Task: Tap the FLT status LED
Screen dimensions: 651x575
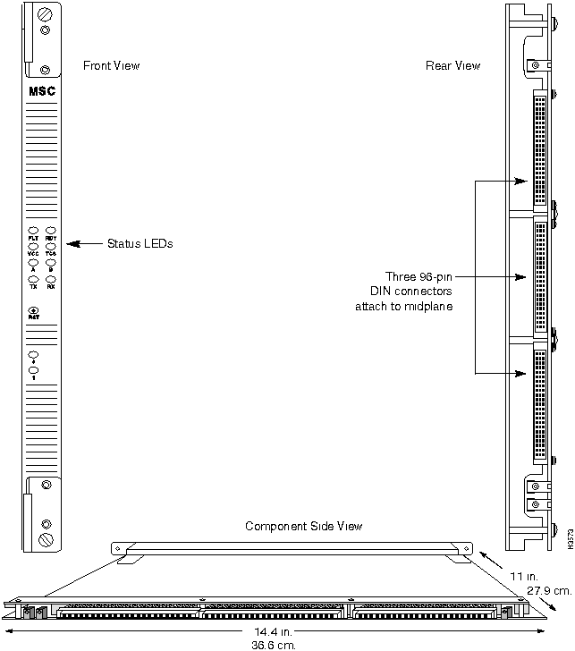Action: point(33,232)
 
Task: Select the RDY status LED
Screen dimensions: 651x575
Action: point(51,232)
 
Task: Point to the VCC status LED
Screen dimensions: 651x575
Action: point(33,248)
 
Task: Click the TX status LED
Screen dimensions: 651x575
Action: point(33,279)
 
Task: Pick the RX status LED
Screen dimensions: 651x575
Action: point(51,279)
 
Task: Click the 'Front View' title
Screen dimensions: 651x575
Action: point(111,66)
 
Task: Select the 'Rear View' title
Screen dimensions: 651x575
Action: point(454,66)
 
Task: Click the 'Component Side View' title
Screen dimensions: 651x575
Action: point(304,526)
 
